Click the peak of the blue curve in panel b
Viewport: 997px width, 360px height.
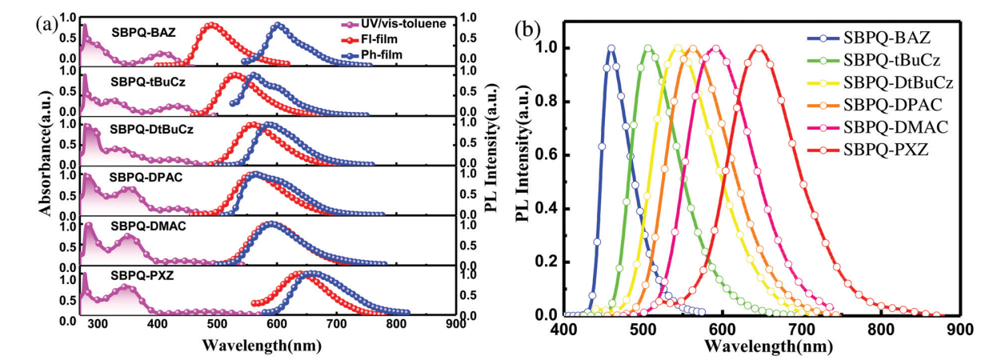point(611,48)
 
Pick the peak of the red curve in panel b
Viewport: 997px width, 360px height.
point(759,48)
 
